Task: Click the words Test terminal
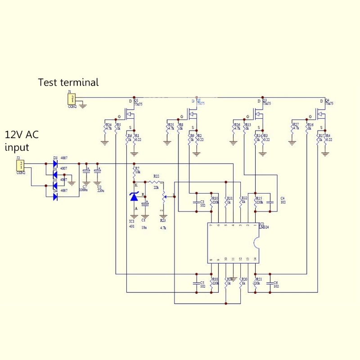pyautogui.click(x=68, y=82)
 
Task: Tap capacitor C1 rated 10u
pyautogui.click(x=145, y=204)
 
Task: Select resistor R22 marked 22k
pyautogui.click(x=156, y=182)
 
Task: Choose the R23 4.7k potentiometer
pyautogui.click(x=163, y=197)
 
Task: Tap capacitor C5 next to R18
pyautogui.click(x=196, y=283)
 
